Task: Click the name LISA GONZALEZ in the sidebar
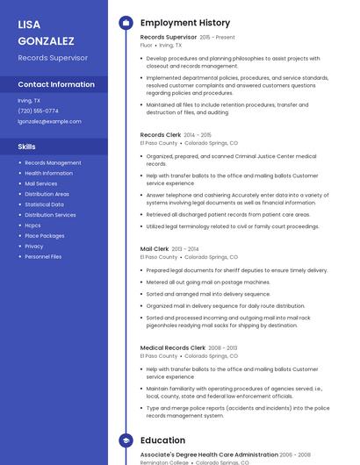pyautogui.click(x=47, y=32)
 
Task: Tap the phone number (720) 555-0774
pyautogui.click(x=39, y=111)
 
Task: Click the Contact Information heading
pyautogui.click(x=56, y=84)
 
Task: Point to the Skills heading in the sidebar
pyautogui.click(x=27, y=147)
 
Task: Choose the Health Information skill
pyautogui.click(x=48, y=173)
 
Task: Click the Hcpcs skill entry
pyautogui.click(x=32, y=225)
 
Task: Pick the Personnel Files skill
pyautogui.click(x=43, y=257)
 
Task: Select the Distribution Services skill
pyautogui.click(x=50, y=215)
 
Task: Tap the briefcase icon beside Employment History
pyautogui.click(x=126, y=22)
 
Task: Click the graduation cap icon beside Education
pyautogui.click(x=126, y=440)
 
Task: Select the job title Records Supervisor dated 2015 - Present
pyautogui.click(x=169, y=38)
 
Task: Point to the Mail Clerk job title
pyautogui.click(x=155, y=249)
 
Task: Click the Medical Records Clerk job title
pyautogui.click(x=173, y=348)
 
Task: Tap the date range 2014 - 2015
pyautogui.click(x=198, y=135)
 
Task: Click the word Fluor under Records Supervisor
pyautogui.click(x=147, y=45)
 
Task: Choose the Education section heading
pyautogui.click(x=162, y=440)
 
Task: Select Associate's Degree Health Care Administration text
pyautogui.click(x=209, y=454)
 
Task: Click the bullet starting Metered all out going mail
pyautogui.click(x=208, y=283)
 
